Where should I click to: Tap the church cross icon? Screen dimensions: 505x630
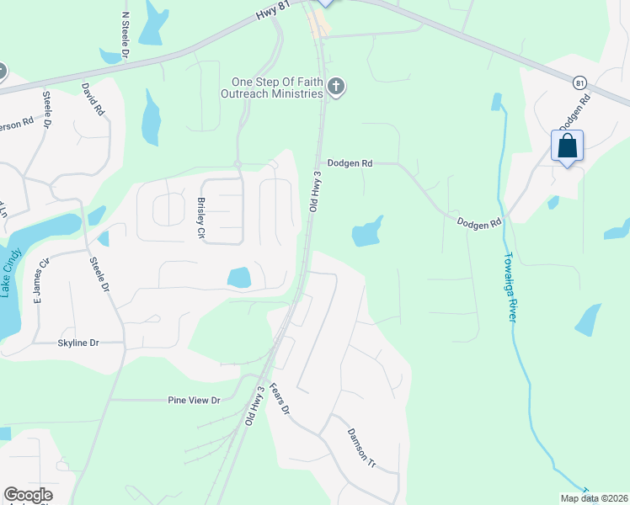point(337,88)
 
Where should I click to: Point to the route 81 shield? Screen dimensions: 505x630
point(579,82)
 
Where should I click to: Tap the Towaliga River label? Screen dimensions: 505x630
point(510,286)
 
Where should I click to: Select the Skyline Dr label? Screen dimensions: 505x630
point(78,343)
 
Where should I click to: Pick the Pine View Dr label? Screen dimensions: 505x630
point(194,400)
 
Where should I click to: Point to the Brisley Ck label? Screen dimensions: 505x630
point(202,217)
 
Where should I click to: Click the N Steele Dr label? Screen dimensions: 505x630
point(126,35)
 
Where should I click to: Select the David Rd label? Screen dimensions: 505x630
point(93,98)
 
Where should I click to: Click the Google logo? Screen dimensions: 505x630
point(28,495)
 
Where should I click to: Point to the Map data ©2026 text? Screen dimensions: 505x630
point(593,498)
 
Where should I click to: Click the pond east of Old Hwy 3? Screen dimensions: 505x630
point(367,232)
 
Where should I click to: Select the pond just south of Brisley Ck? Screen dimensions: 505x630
point(238,276)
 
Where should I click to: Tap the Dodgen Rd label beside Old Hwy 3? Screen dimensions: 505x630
point(350,163)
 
